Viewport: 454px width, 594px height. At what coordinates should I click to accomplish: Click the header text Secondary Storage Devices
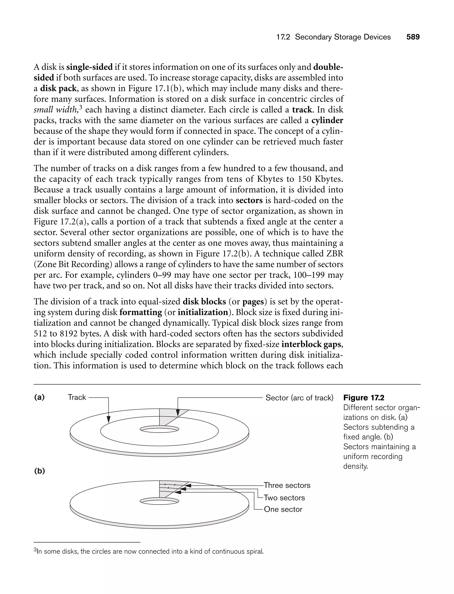tap(342, 37)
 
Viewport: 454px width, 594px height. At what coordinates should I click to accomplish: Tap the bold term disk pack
tap(58, 88)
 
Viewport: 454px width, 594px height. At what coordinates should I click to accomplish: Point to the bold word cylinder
tap(327, 120)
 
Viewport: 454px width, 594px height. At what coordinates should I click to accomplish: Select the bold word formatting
tap(141, 312)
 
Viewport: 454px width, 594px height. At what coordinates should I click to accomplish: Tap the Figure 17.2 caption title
tap(364, 398)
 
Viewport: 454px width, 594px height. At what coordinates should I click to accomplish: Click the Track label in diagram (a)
tap(77, 397)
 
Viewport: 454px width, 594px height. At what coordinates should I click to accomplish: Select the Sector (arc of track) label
tap(299, 398)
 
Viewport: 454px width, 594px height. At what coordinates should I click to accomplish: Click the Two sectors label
tap(284, 498)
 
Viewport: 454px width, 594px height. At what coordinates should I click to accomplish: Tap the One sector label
tap(283, 509)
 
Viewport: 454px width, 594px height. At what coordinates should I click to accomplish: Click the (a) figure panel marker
tap(39, 397)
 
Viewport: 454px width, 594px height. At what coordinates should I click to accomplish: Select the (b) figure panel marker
tap(39, 471)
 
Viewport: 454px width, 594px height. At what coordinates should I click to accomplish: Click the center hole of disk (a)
tap(159, 429)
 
